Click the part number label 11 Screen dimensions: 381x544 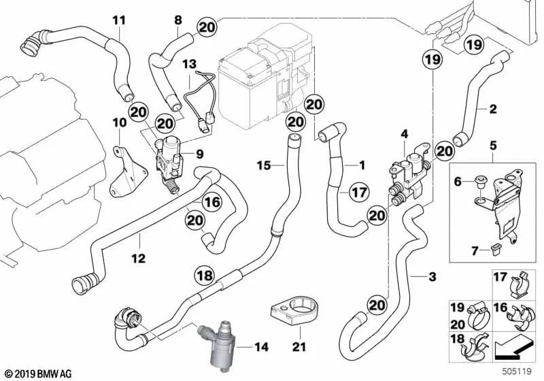tap(119, 20)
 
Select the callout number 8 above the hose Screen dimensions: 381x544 tap(178, 20)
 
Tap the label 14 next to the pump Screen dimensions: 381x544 tap(262, 347)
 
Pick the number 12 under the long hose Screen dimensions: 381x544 tap(138, 258)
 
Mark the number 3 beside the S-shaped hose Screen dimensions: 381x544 tap(432, 277)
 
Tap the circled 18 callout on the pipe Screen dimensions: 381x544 tap(204, 275)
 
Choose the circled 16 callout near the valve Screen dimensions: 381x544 tap(211, 201)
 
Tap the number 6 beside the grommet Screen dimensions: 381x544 tap(457, 180)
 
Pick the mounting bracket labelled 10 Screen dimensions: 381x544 tap(124, 172)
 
